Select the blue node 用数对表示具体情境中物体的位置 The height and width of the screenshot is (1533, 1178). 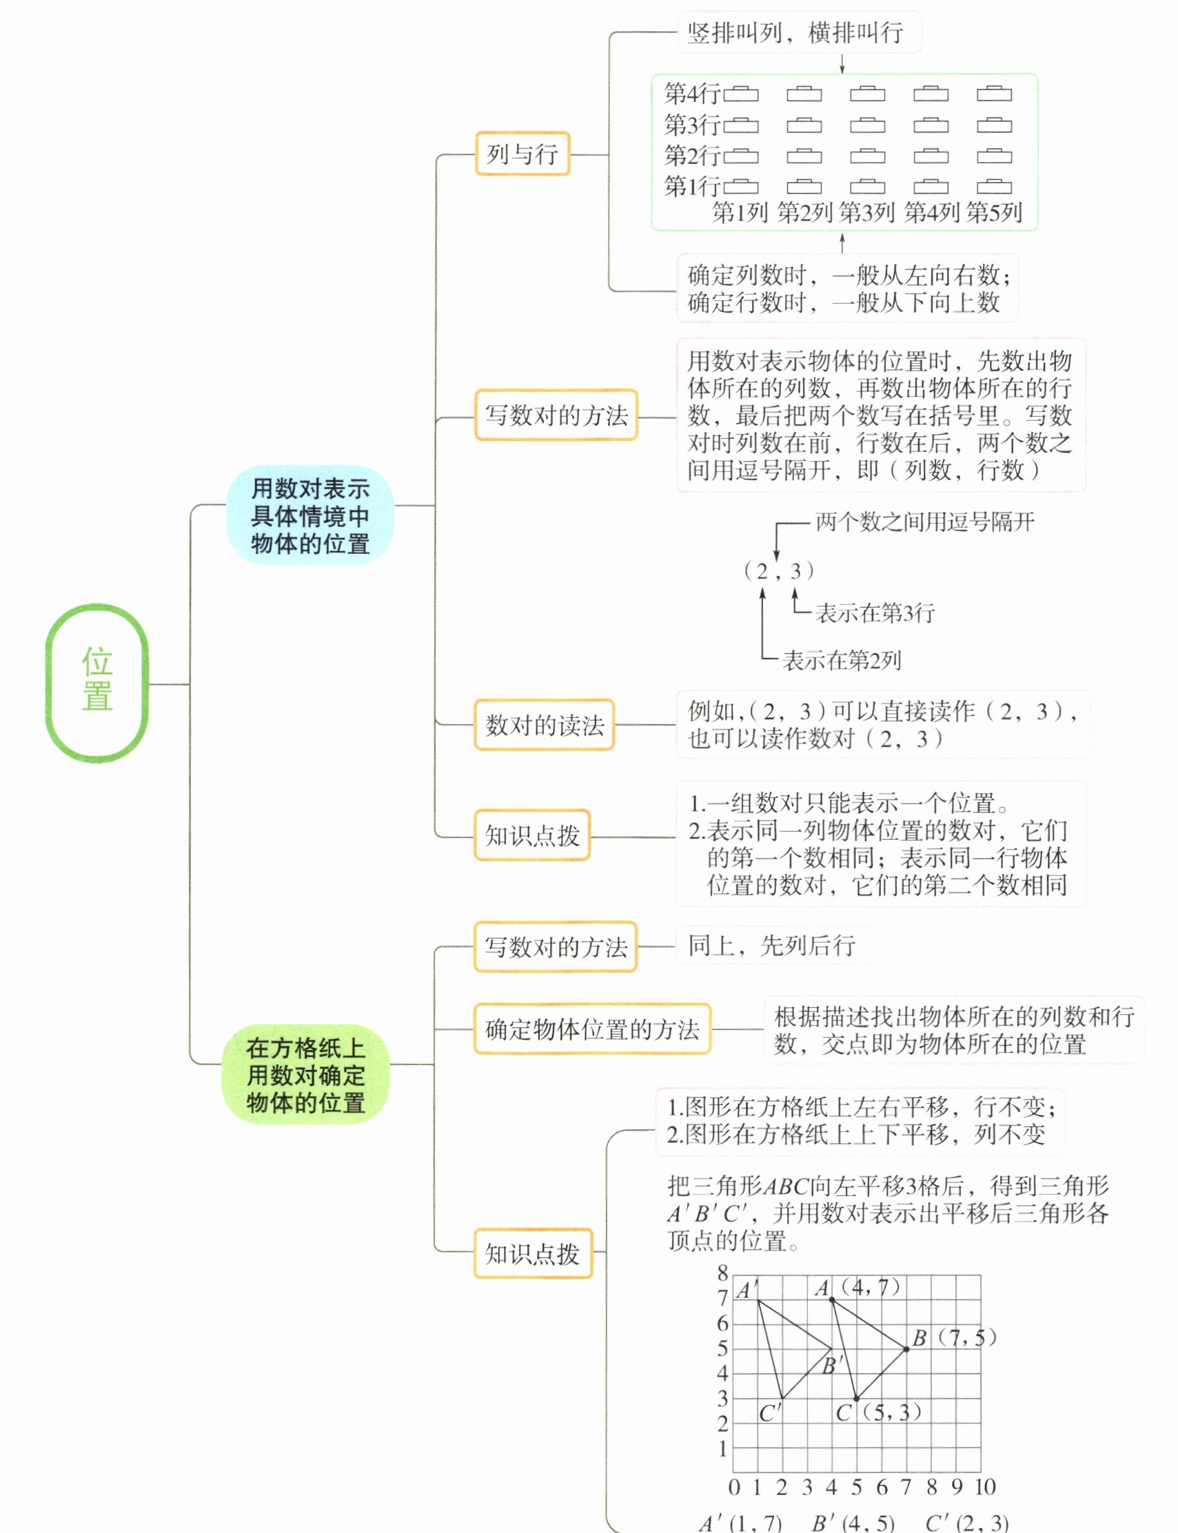[x=309, y=516]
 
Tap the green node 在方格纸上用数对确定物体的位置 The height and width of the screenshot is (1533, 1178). [x=306, y=1076]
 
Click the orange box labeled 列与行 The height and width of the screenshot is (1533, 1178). [x=522, y=154]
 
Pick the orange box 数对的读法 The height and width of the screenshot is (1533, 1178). [x=544, y=725]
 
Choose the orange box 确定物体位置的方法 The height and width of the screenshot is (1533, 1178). [x=592, y=1029]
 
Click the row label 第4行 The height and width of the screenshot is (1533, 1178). [x=692, y=93]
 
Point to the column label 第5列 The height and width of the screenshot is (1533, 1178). [x=993, y=212]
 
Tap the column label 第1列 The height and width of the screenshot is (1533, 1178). [x=740, y=212]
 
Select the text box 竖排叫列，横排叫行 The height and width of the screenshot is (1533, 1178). [x=799, y=32]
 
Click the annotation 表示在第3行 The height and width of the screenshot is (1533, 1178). [x=875, y=613]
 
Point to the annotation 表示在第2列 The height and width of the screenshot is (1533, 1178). [x=842, y=659]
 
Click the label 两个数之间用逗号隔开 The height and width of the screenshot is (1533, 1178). [x=925, y=522]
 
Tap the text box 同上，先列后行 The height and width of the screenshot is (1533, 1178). [x=771, y=945]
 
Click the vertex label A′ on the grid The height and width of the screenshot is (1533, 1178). [x=746, y=1290]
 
